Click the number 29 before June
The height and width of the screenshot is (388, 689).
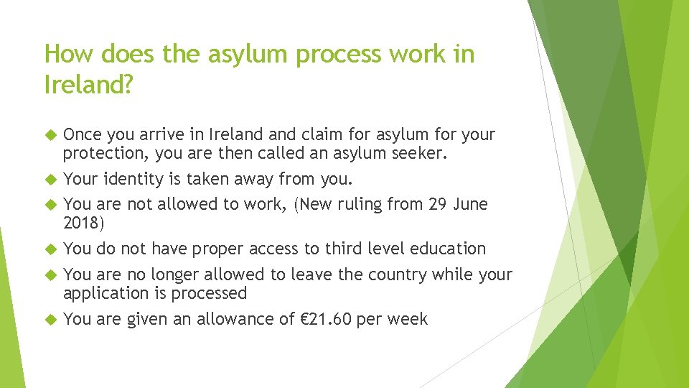[438, 204]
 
